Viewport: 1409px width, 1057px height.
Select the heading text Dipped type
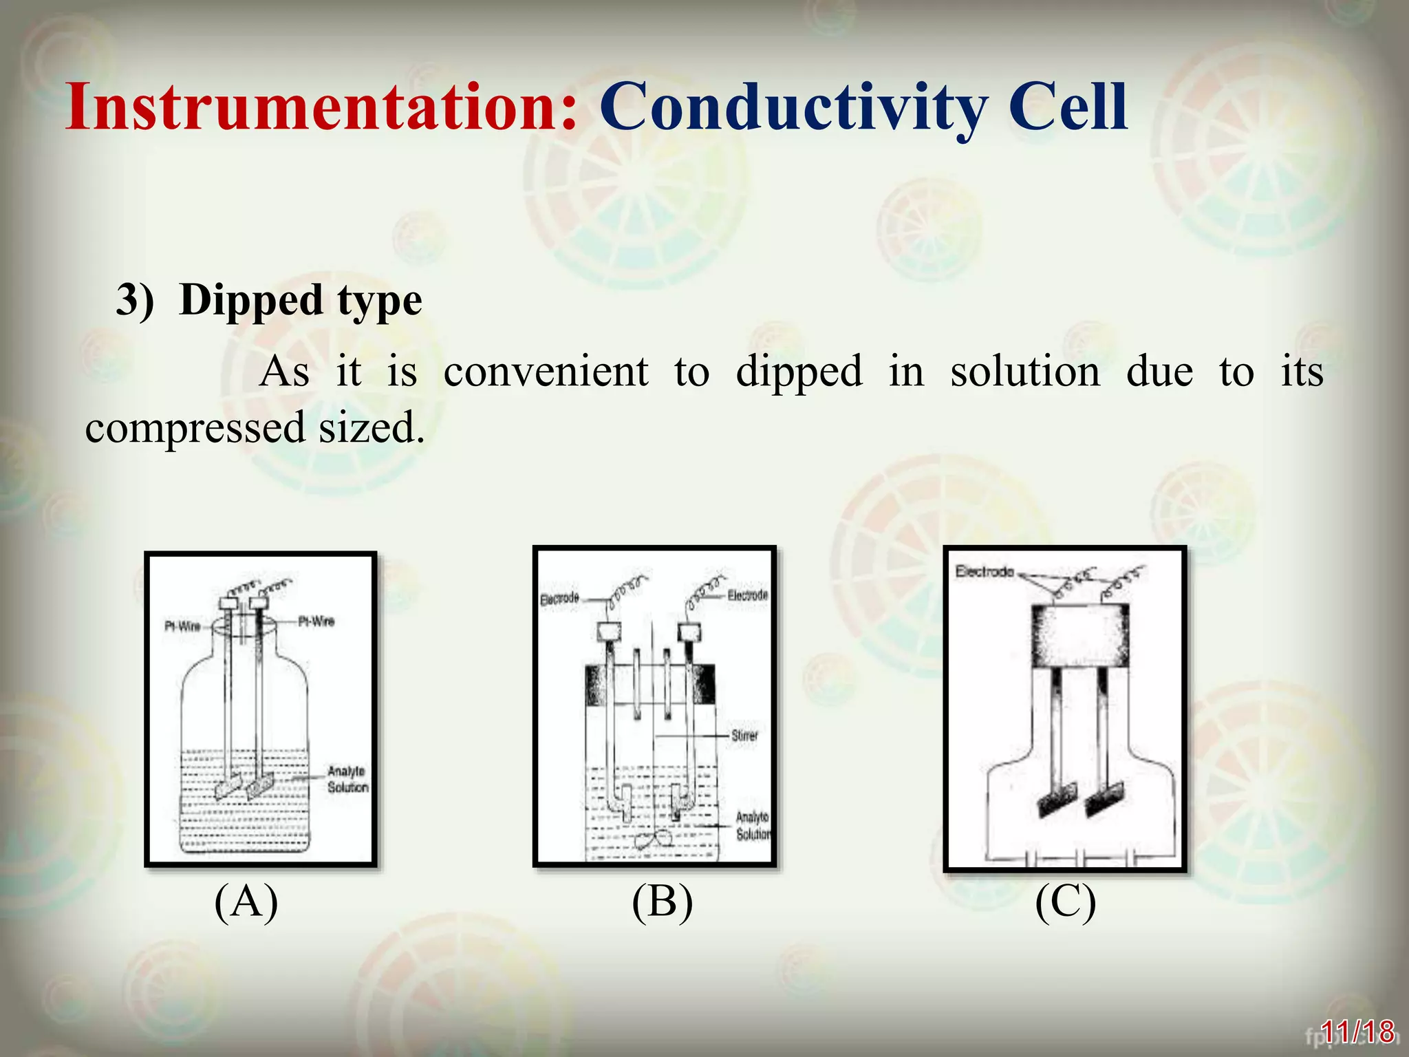coord(300,301)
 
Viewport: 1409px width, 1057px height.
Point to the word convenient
coord(546,372)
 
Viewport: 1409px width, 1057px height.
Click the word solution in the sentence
coord(1025,372)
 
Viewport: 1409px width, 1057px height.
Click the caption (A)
coord(246,901)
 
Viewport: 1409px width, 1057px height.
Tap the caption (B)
coord(662,901)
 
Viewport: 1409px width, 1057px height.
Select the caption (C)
coord(1065,901)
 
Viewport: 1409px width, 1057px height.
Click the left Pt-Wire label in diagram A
coord(182,626)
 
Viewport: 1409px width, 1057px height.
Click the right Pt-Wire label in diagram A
coord(316,621)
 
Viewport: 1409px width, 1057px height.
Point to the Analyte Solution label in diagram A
coord(347,779)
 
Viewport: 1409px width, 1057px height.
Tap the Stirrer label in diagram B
coord(744,736)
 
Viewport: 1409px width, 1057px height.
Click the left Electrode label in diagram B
coord(559,599)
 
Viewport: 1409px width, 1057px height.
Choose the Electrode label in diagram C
coord(985,571)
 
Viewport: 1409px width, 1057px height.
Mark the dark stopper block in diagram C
coord(1079,637)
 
